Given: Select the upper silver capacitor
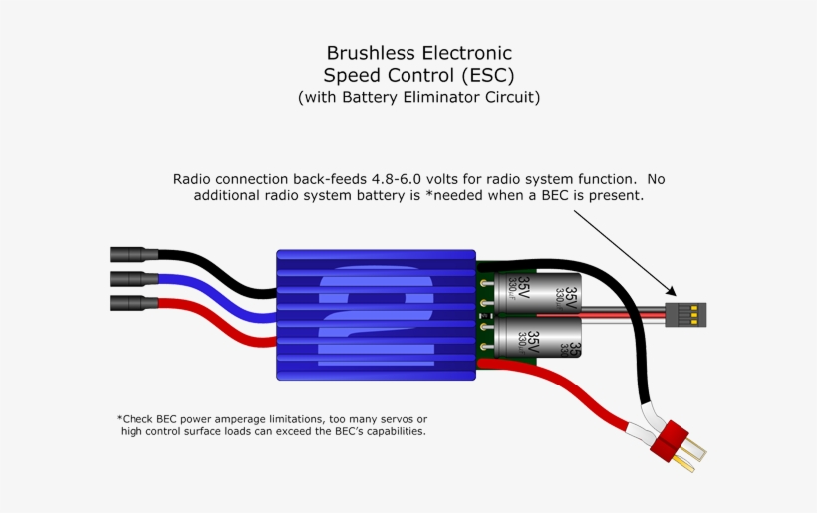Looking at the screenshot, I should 537,295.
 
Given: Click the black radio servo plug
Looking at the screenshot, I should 685,314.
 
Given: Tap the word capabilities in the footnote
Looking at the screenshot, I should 385,432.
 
